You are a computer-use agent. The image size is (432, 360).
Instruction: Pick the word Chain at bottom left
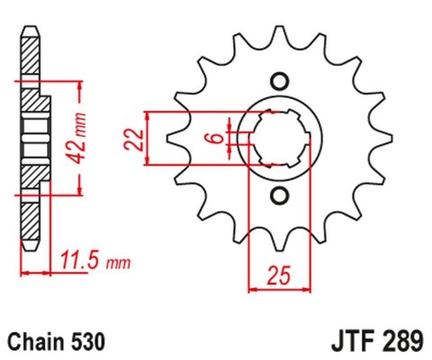33,342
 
